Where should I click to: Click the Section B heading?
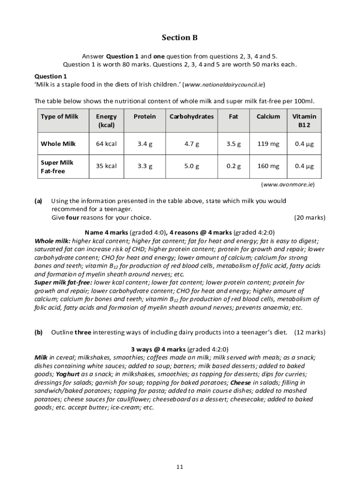(176, 37)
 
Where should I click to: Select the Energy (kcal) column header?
(106, 121)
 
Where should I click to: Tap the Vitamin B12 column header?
(304, 121)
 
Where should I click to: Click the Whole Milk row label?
(58, 144)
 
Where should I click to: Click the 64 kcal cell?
(106, 144)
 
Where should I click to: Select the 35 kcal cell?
(106, 166)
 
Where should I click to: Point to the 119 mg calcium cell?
(268, 144)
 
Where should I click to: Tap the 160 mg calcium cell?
(268, 166)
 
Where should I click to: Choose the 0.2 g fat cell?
(233, 166)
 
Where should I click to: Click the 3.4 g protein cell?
(144, 144)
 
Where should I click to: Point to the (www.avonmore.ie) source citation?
(288, 184)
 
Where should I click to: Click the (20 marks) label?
(310, 218)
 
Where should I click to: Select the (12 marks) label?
(310, 332)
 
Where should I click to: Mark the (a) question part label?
(38, 201)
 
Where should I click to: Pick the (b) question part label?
(38, 332)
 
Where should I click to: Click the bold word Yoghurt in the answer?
(68, 374)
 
